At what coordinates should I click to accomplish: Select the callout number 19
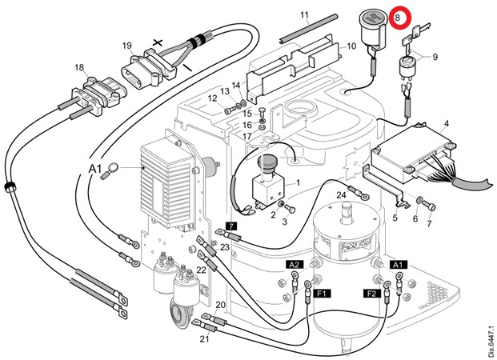[x=127, y=46]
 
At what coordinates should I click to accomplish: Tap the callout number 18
[x=79, y=67]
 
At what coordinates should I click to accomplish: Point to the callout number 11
[x=304, y=15]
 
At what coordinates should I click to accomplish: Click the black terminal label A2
[x=294, y=264]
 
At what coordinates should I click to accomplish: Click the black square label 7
[x=230, y=226]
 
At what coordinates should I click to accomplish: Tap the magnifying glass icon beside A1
[x=115, y=168]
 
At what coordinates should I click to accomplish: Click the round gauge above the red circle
[x=373, y=26]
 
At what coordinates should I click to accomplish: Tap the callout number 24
[x=340, y=194]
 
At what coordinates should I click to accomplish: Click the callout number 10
[x=351, y=47]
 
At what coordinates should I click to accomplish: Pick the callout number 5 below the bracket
[x=395, y=218]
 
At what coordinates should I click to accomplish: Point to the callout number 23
[x=225, y=247]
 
